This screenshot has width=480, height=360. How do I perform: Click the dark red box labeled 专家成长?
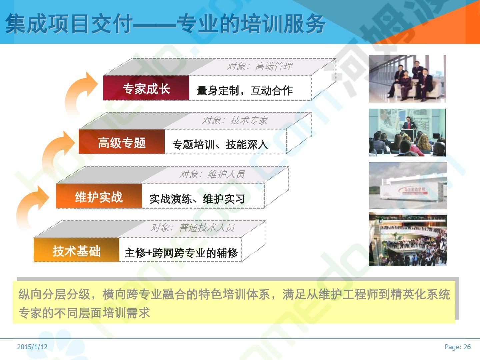pos(146,88)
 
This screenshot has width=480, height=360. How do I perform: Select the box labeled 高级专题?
pos(122,142)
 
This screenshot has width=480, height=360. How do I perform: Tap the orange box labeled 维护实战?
pos(99,196)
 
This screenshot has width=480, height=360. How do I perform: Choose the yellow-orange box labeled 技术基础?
pos(77,250)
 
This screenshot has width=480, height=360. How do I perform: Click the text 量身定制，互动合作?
pos(245,90)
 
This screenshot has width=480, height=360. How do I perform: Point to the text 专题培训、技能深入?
pos(220,144)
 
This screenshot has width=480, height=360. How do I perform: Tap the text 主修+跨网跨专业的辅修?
pos(181,253)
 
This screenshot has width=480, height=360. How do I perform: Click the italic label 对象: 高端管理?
pos(260,66)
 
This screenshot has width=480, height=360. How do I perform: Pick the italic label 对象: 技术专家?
pos(235,120)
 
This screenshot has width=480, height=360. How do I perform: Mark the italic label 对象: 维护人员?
pos(212,174)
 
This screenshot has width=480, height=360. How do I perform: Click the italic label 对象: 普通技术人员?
pos(193,228)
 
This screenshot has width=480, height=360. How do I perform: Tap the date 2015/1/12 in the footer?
pos(32,347)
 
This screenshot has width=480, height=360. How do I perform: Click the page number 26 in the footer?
pos(467,347)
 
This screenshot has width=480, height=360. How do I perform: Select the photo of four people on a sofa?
pos(407,79)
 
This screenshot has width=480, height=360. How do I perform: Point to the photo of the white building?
pos(408,186)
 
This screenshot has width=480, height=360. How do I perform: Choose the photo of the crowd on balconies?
pos(408,239)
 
